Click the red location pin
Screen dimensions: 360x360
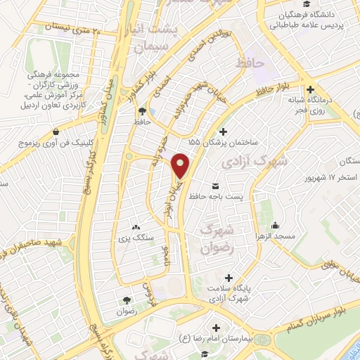coord(181,166)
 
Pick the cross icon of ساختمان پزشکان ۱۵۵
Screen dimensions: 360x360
coord(223,131)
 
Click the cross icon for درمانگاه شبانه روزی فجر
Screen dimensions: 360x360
coord(310,90)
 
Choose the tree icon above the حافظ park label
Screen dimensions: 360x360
coord(143,111)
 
